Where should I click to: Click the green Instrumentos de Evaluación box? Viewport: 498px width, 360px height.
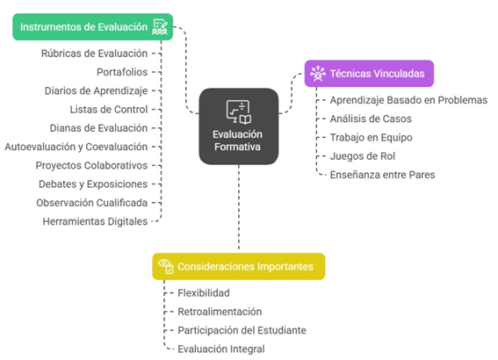pos(93,27)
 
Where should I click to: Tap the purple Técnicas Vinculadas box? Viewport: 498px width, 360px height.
pos(369,74)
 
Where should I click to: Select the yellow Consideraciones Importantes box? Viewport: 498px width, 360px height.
pos(239,266)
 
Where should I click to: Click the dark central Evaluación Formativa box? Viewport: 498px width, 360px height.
pos(239,126)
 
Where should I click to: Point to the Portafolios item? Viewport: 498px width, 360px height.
pos(122,72)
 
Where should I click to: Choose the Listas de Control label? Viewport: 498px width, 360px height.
pos(109,110)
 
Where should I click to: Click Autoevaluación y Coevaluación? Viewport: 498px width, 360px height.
pos(76,147)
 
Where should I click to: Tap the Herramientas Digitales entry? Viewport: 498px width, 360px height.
pos(95,221)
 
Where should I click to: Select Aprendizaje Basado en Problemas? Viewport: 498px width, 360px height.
pos(408,100)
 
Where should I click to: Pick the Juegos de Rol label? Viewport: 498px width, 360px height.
pos(363,156)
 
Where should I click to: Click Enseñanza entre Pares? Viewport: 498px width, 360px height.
pos(382,175)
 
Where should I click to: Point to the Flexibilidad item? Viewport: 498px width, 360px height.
pos(204,293)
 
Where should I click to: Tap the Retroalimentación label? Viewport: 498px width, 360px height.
pos(220,312)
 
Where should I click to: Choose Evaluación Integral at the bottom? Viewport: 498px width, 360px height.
pos(221,349)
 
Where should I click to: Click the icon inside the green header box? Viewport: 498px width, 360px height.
pos(160,27)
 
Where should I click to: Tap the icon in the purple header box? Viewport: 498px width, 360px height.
pos(318,74)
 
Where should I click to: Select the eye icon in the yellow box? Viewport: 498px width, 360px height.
pos(166,266)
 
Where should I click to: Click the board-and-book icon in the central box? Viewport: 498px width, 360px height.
pos(239,112)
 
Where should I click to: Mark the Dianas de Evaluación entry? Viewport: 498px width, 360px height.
pos(98,128)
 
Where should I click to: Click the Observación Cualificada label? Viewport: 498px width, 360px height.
pos(92,203)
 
